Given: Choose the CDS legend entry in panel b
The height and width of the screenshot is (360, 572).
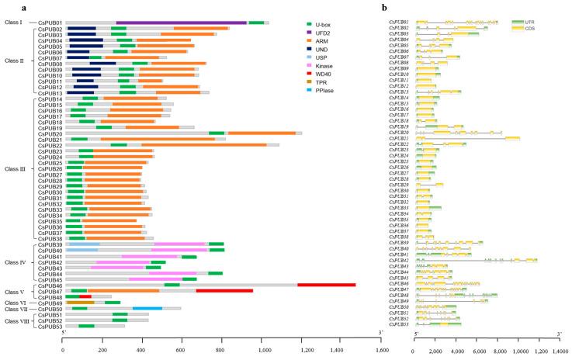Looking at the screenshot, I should (x=527, y=29).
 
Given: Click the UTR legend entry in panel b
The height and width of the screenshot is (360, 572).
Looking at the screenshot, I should (x=527, y=22).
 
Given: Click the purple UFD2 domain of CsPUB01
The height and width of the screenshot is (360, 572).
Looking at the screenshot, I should (x=182, y=23).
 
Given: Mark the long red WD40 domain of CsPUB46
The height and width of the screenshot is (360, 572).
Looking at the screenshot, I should (x=326, y=286).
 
